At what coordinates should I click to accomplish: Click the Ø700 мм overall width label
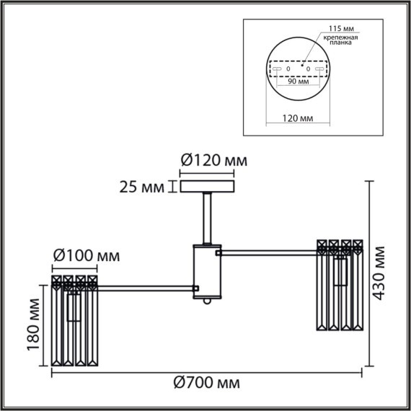pos(207,382)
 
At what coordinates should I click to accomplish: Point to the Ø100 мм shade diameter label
pos(86,255)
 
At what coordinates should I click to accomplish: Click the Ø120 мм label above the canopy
pos(212,161)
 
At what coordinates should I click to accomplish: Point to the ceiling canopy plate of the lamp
pos(212,187)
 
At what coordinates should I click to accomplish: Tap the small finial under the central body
pos(208,304)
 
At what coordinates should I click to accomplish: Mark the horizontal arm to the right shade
pos(269,252)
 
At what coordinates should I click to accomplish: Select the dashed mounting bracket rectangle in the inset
pos(298,68)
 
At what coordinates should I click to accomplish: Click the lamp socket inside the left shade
pos(73,306)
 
